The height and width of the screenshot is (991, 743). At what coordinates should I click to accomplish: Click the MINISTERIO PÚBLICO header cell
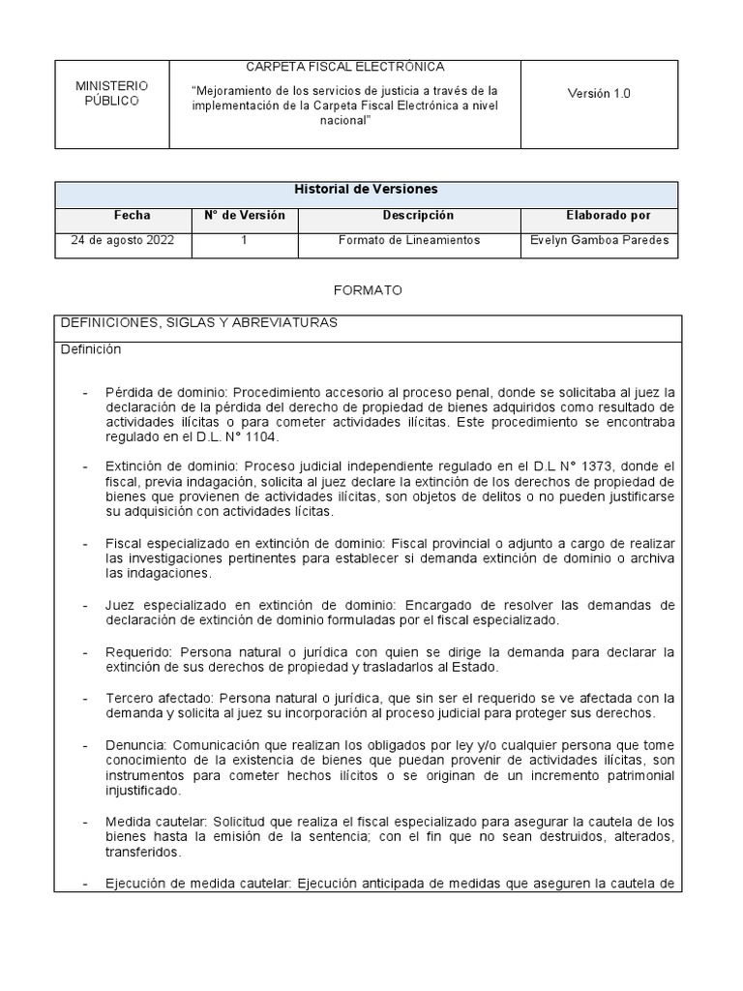click(111, 94)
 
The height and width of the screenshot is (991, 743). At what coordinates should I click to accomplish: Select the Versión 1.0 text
click(599, 94)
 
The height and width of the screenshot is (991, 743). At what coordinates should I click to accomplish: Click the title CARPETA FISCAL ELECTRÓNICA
click(344, 67)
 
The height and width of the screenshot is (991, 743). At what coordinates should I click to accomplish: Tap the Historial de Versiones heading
click(366, 190)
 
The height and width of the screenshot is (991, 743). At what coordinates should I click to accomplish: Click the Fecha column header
click(132, 215)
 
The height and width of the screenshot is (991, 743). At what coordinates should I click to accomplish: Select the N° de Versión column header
click(244, 215)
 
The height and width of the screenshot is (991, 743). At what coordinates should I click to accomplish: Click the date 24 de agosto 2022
click(123, 241)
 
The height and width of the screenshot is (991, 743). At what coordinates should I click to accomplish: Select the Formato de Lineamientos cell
click(409, 241)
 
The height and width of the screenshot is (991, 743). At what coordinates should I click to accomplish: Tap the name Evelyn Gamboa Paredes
click(600, 241)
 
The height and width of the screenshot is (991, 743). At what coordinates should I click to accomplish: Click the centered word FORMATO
click(367, 290)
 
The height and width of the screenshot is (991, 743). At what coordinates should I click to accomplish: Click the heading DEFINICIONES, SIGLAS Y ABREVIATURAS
click(199, 323)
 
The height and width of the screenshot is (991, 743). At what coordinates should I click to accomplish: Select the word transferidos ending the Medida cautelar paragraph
click(143, 854)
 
